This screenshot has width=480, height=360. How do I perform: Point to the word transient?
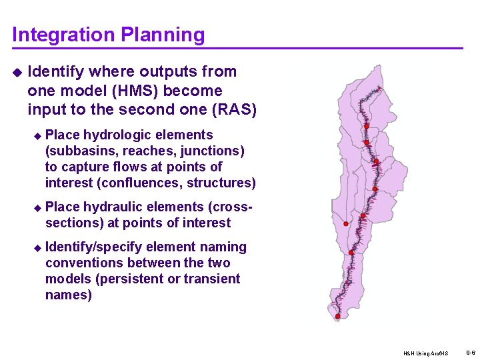click(x=213, y=279)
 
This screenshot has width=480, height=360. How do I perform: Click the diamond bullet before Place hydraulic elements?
click(x=37, y=207)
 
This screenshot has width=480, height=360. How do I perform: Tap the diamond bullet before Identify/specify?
click(x=37, y=247)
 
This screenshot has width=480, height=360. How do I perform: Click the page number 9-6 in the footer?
click(x=471, y=352)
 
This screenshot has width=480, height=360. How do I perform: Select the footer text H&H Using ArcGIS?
click(x=426, y=353)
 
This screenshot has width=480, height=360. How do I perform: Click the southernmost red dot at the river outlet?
click(x=337, y=316)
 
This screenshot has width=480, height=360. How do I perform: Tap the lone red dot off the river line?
click(x=345, y=224)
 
